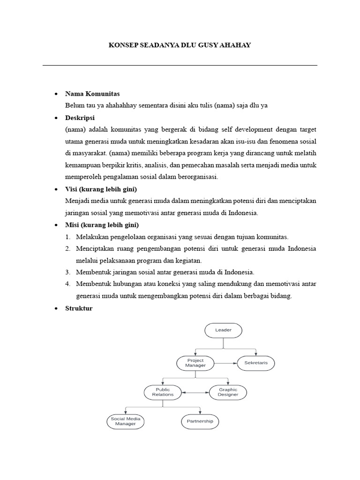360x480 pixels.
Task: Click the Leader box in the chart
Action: [x=223, y=330]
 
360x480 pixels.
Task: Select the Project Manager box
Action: [x=195, y=363]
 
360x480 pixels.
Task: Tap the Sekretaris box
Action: [x=256, y=363]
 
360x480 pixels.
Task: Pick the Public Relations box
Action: [x=163, y=392]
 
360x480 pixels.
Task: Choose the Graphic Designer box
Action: [x=228, y=392]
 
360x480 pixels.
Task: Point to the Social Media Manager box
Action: [x=125, y=421]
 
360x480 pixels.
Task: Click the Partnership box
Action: [x=200, y=421]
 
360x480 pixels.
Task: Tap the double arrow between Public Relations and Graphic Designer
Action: [x=195, y=392]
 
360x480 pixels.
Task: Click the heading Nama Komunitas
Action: [x=92, y=94]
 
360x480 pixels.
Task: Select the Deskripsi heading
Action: [x=80, y=118]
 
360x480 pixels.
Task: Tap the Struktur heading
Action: [x=79, y=308]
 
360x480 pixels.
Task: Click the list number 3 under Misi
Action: [x=67, y=272]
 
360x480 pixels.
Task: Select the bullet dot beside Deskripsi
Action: [x=56, y=118]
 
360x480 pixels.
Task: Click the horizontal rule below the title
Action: [x=180, y=65]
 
